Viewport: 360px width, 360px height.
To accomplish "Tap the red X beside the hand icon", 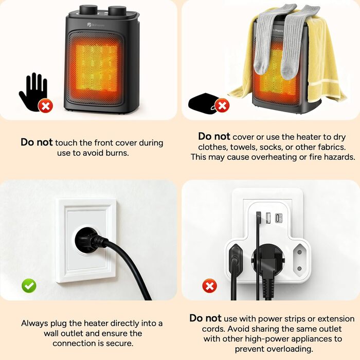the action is click(46, 106).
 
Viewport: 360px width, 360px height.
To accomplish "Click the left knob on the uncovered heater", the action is click(88, 10).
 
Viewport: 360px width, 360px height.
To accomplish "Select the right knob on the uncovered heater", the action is click(117, 11).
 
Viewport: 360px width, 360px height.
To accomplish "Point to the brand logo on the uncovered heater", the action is click(96, 25).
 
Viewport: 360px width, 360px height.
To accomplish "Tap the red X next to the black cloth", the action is click(222, 105).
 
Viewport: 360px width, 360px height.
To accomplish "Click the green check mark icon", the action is click(29, 286).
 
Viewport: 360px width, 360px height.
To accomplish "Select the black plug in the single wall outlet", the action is click(88, 240).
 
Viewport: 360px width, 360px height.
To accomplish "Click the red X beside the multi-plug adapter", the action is click(209, 286).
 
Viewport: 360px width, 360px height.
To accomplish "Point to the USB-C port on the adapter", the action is click(279, 218).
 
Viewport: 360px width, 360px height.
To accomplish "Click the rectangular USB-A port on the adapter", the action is click(268, 218).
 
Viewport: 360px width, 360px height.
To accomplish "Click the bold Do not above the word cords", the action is click(205, 318).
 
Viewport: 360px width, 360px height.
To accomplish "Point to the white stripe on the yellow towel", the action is click(323, 82).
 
